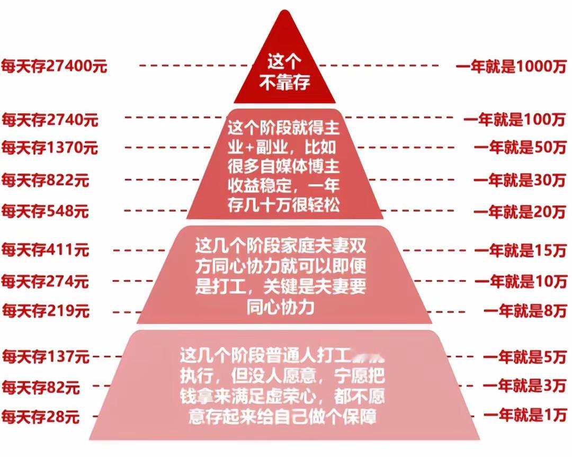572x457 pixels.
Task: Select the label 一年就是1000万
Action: point(511,67)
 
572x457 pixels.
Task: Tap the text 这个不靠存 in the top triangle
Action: point(284,74)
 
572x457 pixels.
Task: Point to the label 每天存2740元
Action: point(50,120)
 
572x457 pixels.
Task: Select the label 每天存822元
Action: point(45,181)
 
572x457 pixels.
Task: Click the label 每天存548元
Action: point(45,212)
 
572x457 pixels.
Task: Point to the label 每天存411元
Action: point(45,249)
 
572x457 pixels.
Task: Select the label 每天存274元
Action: point(45,281)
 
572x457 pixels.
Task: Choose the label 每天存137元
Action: point(45,357)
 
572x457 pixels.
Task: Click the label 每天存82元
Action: point(41,388)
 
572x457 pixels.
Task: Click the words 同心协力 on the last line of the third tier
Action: point(280,308)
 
